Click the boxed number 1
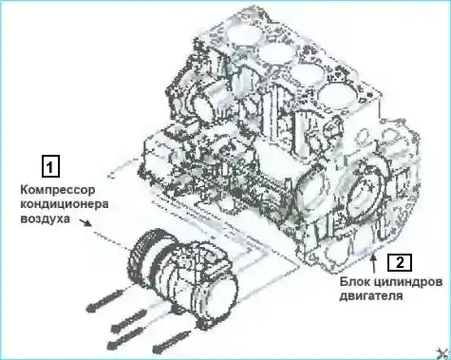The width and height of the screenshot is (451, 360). pos(50,166)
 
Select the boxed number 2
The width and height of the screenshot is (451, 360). pos(400,262)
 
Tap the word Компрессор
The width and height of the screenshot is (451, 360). pos(58,191)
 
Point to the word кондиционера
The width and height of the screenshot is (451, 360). pos(65,204)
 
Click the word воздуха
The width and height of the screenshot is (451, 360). pos(45,218)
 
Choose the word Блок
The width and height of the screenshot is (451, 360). pos(353,281)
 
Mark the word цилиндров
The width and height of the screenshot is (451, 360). pos(406,282)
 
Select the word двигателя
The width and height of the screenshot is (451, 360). pos(371,296)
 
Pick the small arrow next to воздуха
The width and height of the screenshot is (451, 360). pos(85,222)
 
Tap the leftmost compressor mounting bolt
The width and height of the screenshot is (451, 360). pos(104,300)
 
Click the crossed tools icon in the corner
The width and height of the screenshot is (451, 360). pos(443,353)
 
